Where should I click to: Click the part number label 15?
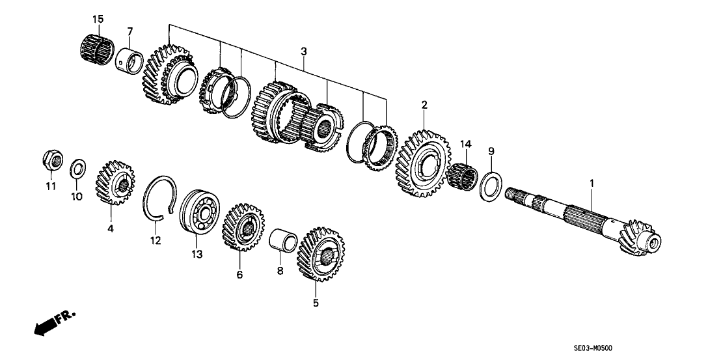(98, 19)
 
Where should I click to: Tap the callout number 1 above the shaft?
(592, 185)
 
